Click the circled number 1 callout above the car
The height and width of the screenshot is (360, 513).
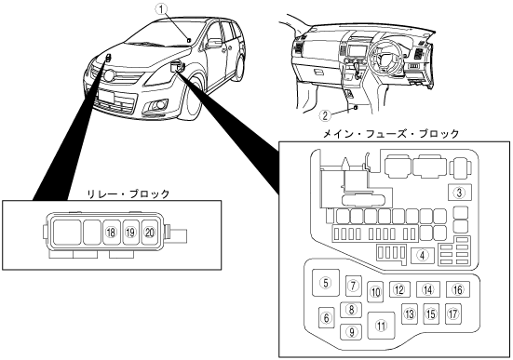[x=161, y=8]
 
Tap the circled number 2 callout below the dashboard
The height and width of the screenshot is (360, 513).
[x=325, y=115]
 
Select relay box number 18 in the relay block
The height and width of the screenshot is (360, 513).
[x=111, y=233]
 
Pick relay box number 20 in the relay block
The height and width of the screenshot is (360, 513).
[x=150, y=233]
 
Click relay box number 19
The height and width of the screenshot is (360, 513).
[x=130, y=233]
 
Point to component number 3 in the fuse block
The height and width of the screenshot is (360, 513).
[x=460, y=193]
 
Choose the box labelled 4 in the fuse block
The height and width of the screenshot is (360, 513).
[x=423, y=256]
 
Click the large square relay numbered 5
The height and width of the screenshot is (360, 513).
[x=326, y=283]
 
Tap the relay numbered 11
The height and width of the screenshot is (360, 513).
[x=381, y=326]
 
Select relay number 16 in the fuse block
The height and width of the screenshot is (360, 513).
[x=458, y=289]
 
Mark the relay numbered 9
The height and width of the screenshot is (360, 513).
[x=352, y=332]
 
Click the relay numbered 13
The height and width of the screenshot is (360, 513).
[x=410, y=313]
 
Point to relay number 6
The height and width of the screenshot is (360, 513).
[x=327, y=317]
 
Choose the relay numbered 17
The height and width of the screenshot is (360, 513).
[x=453, y=313]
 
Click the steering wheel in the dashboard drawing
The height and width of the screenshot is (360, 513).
[x=385, y=59]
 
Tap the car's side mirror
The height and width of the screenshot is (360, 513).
[x=214, y=43]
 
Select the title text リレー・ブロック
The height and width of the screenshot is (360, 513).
[x=128, y=194]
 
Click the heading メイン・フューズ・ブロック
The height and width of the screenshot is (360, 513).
[x=391, y=134]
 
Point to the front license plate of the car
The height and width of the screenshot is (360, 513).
[x=106, y=96]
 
